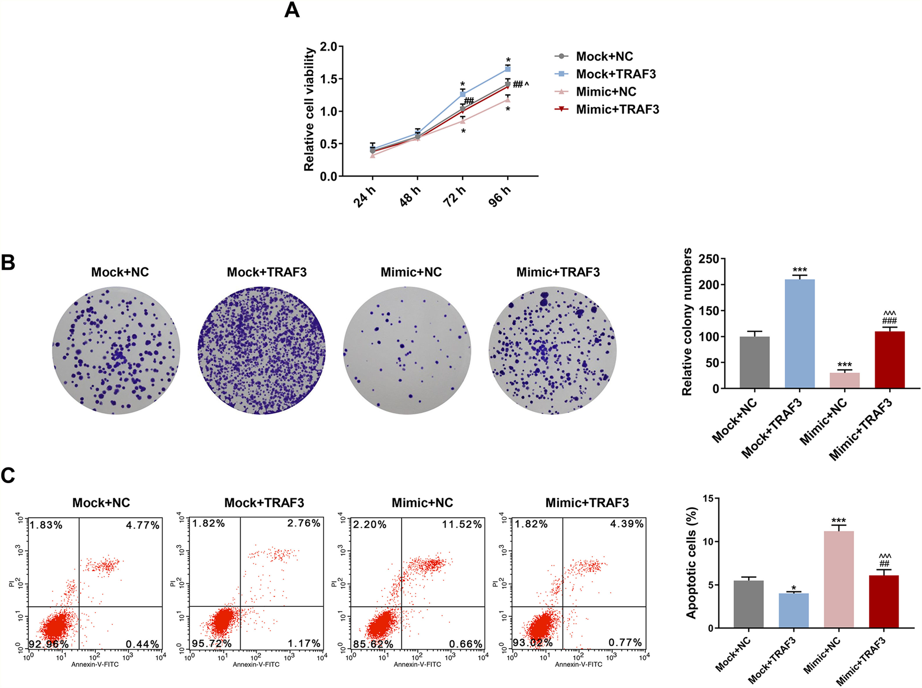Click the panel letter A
coord(292,10)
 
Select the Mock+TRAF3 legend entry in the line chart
coord(616,74)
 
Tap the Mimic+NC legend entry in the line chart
coord(606,91)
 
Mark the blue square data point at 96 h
coord(508,69)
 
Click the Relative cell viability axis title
coord(309,109)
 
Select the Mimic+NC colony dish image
coord(407,350)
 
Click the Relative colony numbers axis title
coord(687,321)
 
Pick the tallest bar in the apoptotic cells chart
coord(839,579)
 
